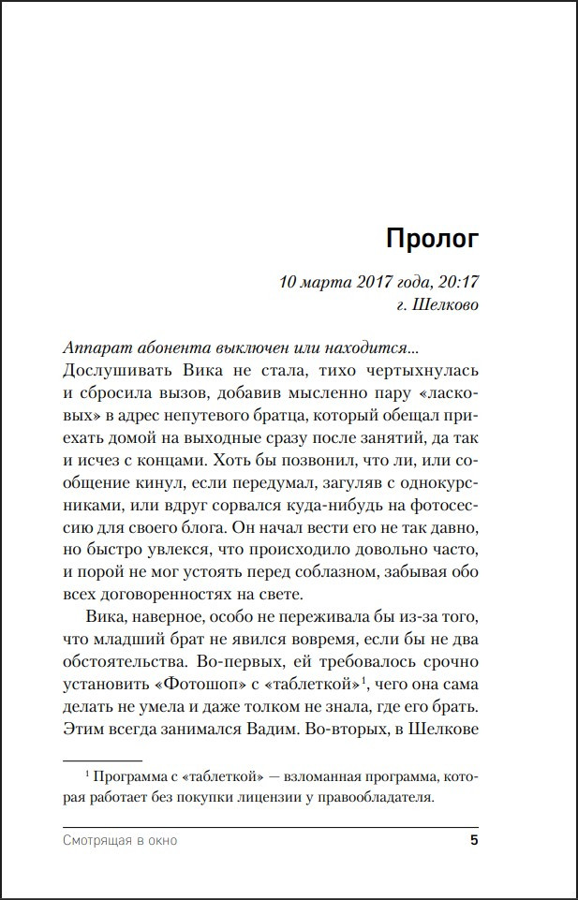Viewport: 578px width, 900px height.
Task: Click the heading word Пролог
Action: tap(432, 239)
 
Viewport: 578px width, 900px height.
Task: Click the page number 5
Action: tap(474, 840)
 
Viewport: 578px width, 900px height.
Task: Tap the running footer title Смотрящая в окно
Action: tap(120, 840)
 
